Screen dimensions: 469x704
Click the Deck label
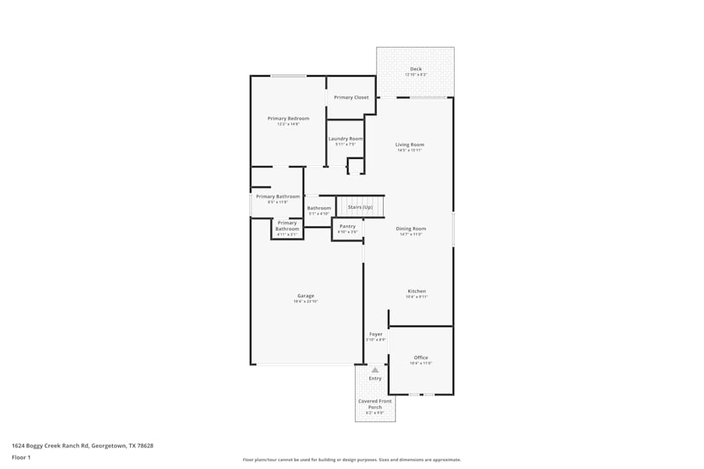pyautogui.click(x=415, y=69)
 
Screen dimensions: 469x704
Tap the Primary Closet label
pyautogui.click(x=351, y=97)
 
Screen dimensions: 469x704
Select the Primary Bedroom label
pyautogui.click(x=288, y=118)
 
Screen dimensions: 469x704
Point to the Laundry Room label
pyautogui.click(x=346, y=139)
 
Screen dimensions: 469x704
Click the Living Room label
pyautogui.click(x=410, y=145)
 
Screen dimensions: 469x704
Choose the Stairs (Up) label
pyautogui.click(x=360, y=207)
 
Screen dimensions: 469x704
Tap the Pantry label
pyautogui.click(x=348, y=226)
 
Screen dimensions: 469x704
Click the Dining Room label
pyautogui.click(x=410, y=229)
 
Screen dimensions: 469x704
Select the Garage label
pyautogui.click(x=306, y=295)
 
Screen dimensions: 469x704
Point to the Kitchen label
pyautogui.click(x=417, y=291)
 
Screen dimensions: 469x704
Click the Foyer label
pyautogui.click(x=376, y=334)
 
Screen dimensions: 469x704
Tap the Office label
pyautogui.click(x=421, y=357)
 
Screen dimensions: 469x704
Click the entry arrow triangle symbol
pyautogui.click(x=375, y=369)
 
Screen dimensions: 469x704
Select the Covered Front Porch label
pyautogui.click(x=375, y=404)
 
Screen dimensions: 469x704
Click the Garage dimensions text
pyautogui.click(x=306, y=302)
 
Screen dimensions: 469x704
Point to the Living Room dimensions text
pyautogui.click(x=410, y=150)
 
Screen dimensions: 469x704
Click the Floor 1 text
pyautogui.click(x=21, y=457)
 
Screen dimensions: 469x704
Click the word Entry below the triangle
pyautogui.click(x=375, y=378)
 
